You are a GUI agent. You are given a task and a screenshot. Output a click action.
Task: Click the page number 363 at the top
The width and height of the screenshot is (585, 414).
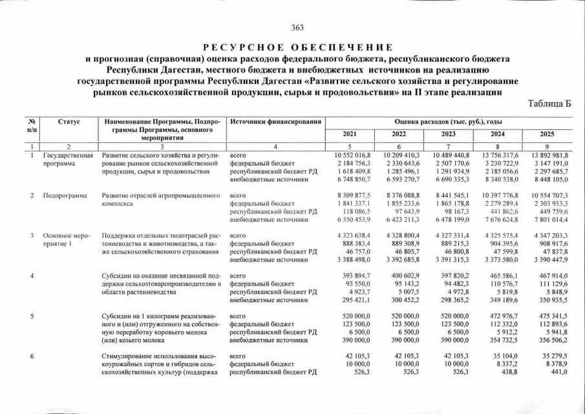click(x=297, y=27)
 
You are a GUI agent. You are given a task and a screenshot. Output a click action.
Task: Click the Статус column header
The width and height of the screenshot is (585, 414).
click(x=69, y=122)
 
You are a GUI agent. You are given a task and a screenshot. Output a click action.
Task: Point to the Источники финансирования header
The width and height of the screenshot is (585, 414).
click(x=276, y=122)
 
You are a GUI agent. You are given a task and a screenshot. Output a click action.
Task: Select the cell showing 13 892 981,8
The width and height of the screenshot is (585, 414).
click(x=547, y=156)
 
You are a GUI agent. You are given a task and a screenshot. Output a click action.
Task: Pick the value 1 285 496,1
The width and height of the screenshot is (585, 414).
click(x=401, y=171)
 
